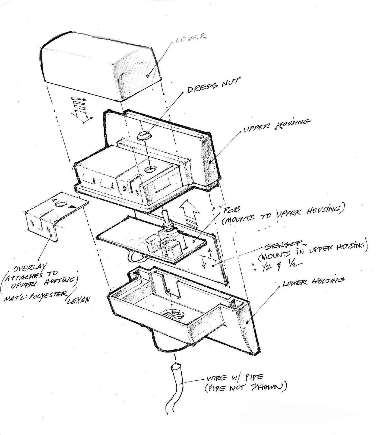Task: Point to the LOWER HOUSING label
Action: tap(313, 282)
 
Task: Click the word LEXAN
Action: tap(78, 300)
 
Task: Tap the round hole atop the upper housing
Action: tap(150, 170)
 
